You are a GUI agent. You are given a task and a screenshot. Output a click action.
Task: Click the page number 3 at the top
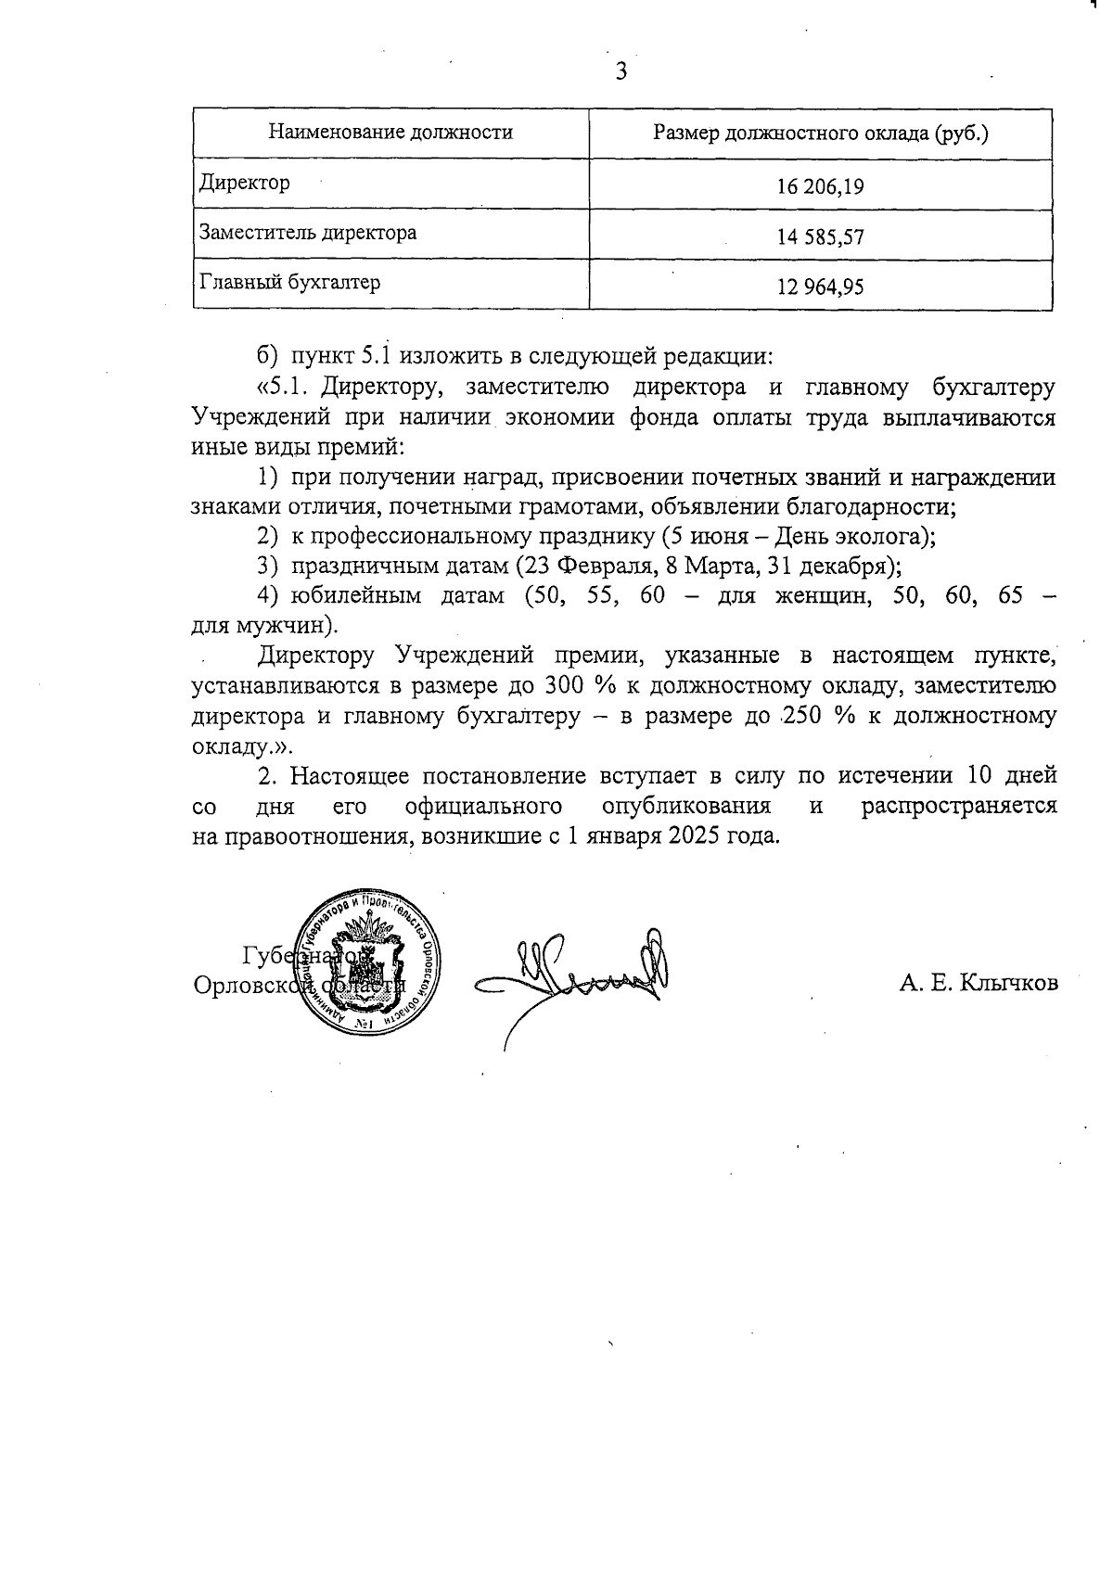(620, 71)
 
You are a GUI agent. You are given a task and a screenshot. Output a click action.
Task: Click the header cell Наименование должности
(390, 133)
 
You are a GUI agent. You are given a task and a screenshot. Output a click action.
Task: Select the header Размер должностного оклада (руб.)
(820, 133)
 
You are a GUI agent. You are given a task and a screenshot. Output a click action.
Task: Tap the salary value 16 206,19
(821, 187)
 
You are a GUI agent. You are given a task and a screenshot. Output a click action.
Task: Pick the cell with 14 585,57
(821, 237)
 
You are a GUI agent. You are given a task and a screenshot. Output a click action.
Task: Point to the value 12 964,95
(821, 287)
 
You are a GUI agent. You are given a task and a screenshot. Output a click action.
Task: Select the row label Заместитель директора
(308, 233)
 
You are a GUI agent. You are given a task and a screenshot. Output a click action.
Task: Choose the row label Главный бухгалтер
(289, 282)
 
